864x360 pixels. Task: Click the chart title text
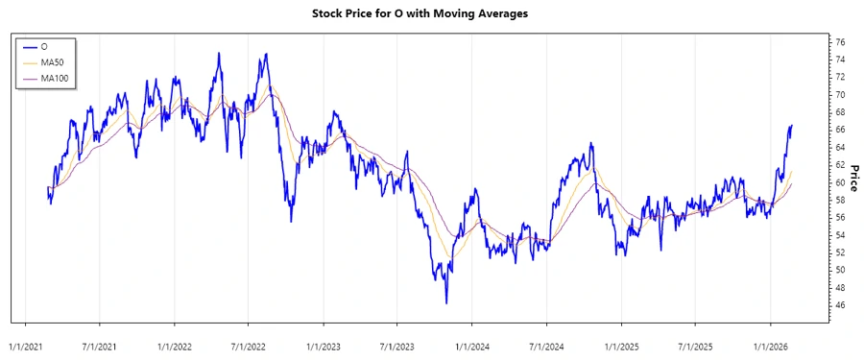[x=433, y=13]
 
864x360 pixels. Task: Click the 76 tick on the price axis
[x=840, y=42]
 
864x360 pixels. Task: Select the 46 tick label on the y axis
[x=840, y=305]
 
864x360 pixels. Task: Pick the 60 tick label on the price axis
[x=840, y=182]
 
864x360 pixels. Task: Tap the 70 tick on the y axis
[x=840, y=95]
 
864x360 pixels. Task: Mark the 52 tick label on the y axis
[x=840, y=252]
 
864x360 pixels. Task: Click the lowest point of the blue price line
[x=446, y=303]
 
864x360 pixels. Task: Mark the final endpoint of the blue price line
[x=792, y=126]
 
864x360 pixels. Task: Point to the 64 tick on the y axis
[x=840, y=147]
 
